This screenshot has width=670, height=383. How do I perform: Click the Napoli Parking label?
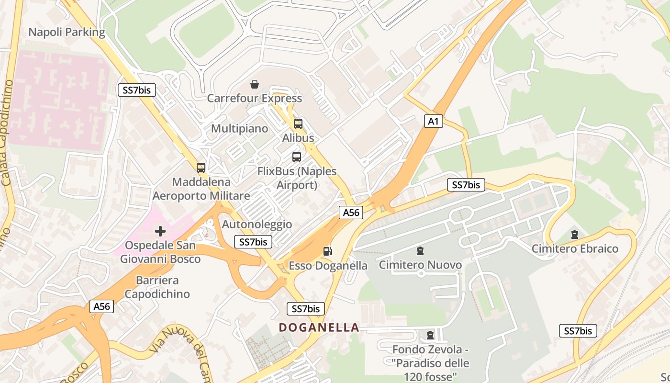[x=67, y=32]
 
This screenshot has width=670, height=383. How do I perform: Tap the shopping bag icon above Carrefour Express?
[x=255, y=85]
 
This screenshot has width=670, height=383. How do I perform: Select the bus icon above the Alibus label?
[x=298, y=124]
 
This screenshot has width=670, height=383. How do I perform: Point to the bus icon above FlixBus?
[x=297, y=157]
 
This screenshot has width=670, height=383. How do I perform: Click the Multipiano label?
[x=240, y=129]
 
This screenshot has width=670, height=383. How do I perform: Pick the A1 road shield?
[x=433, y=122]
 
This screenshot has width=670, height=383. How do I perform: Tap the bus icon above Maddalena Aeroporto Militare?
[x=201, y=168]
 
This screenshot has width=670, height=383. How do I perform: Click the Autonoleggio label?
[x=257, y=224]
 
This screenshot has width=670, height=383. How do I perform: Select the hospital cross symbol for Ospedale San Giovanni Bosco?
[x=160, y=232]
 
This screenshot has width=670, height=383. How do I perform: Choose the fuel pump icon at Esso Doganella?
[x=328, y=251]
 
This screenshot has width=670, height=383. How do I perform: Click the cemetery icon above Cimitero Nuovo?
[x=420, y=251]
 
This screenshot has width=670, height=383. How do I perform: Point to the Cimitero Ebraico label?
[x=575, y=249]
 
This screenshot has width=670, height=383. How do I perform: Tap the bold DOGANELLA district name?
[x=319, y=327]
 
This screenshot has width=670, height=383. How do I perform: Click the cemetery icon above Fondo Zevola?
[x=430, y=335]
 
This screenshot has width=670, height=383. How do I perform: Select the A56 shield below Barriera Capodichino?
[x=102, y=306]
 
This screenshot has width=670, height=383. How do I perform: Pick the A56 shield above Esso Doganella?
[x=351, y=213]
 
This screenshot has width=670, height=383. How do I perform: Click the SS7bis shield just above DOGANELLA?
[x=306, y=309]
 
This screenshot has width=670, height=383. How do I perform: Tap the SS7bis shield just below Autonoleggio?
[x=253, y=242]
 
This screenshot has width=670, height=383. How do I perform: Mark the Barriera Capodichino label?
[x=157, y=287]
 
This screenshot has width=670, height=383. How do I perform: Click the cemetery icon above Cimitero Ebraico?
[x=574, y=235]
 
